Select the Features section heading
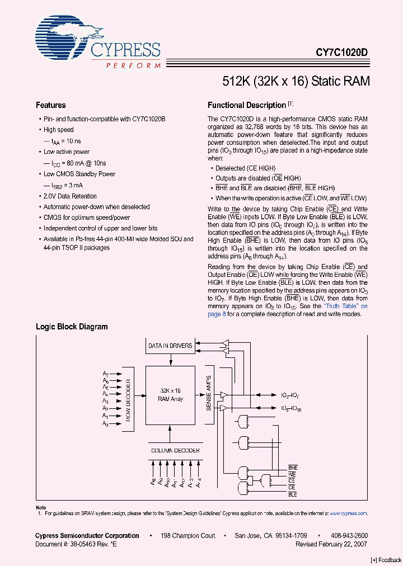(x=50, y=105)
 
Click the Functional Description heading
(x=247, y=105)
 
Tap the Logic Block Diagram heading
(x=72, y=327)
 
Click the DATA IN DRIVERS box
(x=170, y=346)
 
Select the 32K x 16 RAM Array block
(x=170, y=395)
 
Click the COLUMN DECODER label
(x=170, y=450)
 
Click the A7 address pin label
(x=105, y=374)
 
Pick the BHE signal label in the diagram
(x=292, y=468)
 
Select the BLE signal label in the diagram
(x=292, y=494)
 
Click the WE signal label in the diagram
(x=292, y=474)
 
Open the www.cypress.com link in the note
(x=348, y=513)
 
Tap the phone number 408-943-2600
(x=349, y=535)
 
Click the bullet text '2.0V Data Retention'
(x=70, y=196)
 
